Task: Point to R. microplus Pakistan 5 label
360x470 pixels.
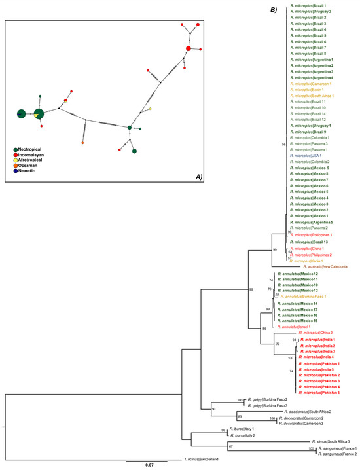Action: (x=321, y=393)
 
